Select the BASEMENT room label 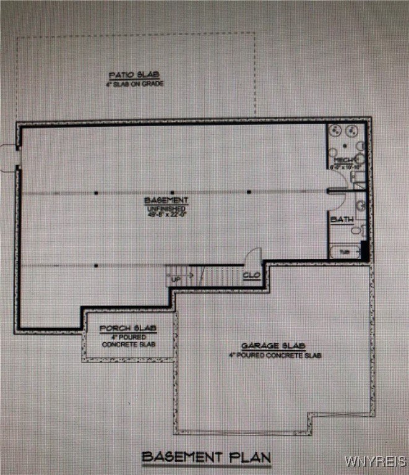pos(166,200)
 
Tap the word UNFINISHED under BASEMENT pos(166,209)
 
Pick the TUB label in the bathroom pos(343,252)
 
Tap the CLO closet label pos(251,275)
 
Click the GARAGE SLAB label pos(265,346)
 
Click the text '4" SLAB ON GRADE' pos(136,83)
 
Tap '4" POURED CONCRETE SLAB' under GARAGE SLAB pos(274,356)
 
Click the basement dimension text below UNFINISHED pos(166,216)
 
